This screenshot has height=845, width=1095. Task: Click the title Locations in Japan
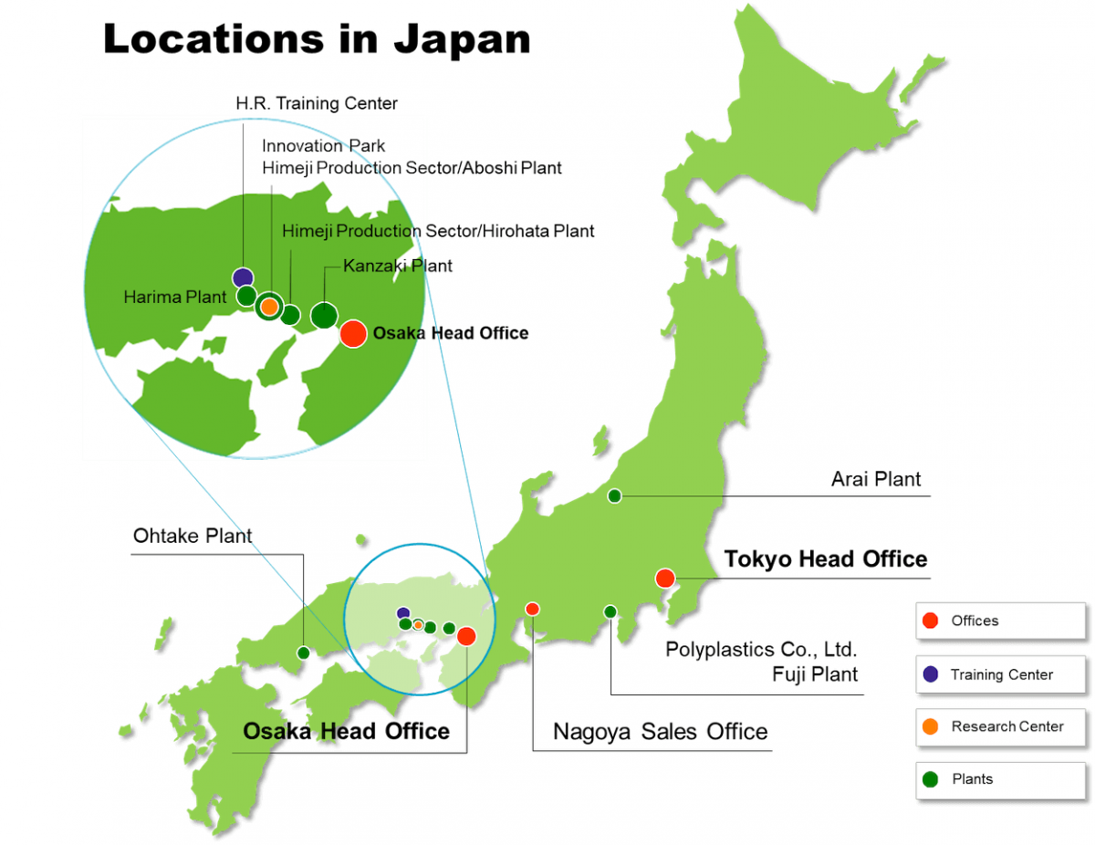(x=317, y=40)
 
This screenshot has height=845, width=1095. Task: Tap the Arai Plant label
(x=876, y=479)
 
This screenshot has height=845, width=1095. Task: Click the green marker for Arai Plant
(x=614, y=496)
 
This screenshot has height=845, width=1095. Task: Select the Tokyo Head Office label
(x=826, y=558)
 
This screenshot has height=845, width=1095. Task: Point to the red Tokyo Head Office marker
(x=664, y=578)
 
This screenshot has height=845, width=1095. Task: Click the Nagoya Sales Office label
(x=661, y=732)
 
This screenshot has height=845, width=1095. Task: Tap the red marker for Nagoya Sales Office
(x=533, y=609)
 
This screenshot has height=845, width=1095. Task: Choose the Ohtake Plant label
(x=193, y=536)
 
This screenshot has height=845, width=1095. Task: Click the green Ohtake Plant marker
(x=304, y=652)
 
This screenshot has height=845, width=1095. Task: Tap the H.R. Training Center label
(x=317, y=103)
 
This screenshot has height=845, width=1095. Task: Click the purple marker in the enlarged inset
(x=242, y=277)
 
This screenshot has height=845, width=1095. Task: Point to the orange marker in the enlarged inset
(x=269, y=307)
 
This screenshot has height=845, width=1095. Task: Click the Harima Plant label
(x=175, y=297)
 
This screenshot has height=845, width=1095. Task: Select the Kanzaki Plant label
(x=398, y=266)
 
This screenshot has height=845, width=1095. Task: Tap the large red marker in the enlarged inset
(x=354, y=334)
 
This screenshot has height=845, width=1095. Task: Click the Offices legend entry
(x=975, y=621)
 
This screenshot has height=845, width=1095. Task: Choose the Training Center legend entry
(x=1001, y=674)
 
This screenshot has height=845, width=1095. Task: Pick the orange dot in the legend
(x=930, y=726)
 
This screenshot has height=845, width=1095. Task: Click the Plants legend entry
(x=972, y=778)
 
